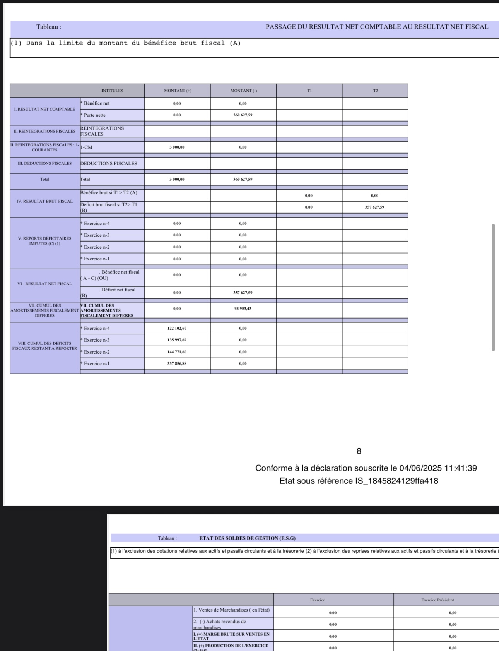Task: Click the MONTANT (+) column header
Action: pos(178,91)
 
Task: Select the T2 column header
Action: pos(375,91)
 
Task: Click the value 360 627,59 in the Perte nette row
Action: pos(243,115)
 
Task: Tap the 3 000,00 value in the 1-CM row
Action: pos(177,147)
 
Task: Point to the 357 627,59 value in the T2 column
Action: pos(374,207)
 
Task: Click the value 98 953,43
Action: pos(243,309)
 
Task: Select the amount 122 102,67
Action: pos(177,329)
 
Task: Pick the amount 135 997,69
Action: pos(177,340)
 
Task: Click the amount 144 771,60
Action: pos(177,352)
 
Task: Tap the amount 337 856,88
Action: pos(177,364)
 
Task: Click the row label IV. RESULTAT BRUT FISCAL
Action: pos(44,202)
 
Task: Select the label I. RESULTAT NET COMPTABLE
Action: pos(44,110)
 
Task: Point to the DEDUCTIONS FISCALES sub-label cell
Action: pos(109,164)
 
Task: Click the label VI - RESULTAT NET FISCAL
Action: pos(44,284)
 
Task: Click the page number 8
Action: pos(359,451)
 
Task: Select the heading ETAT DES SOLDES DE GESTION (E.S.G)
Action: pos(247,538)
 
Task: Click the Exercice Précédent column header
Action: pos(437,600)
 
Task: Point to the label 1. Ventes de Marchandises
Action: pos(232,610)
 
